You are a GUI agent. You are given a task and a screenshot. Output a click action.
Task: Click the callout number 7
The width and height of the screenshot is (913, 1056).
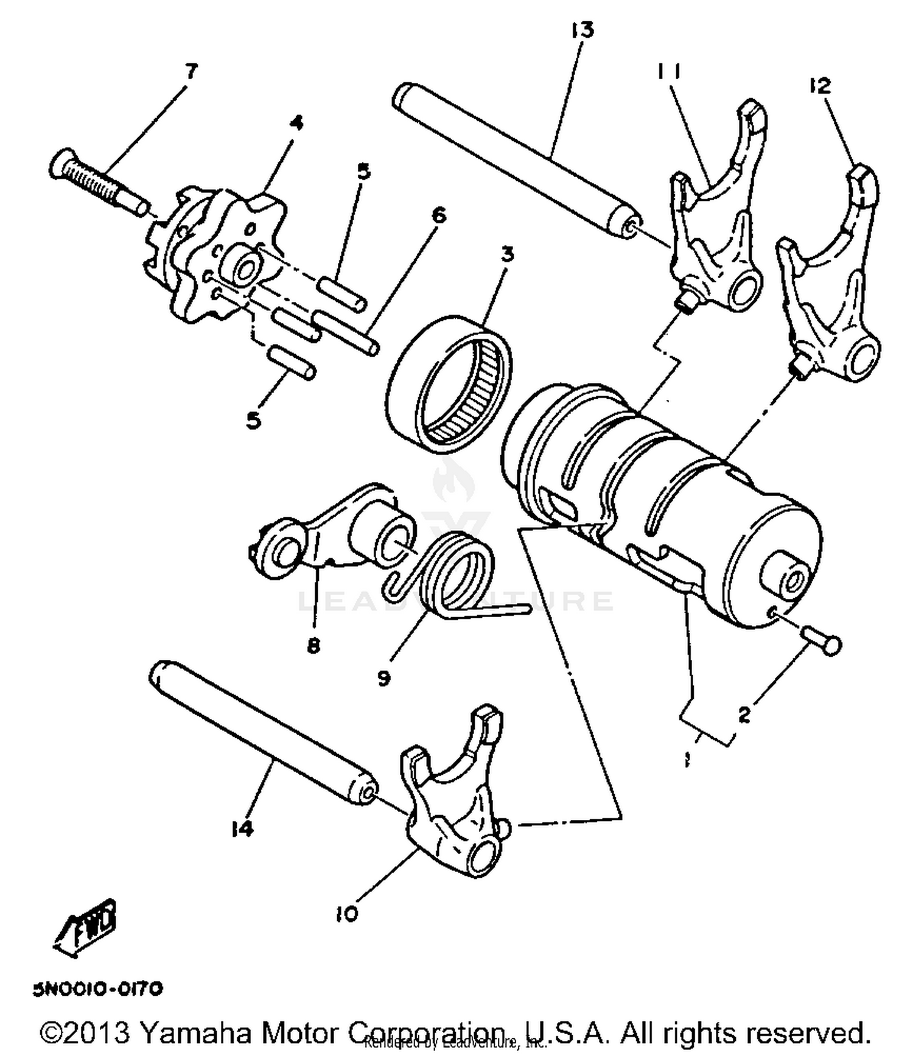tap(191, 72)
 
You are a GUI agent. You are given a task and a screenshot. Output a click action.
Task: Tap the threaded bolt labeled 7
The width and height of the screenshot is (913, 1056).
tap(97, 183)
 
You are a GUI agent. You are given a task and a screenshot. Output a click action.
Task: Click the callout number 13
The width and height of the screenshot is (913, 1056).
tap(582, 29)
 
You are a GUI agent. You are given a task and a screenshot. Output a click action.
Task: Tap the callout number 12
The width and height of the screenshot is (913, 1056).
tap(820, 86)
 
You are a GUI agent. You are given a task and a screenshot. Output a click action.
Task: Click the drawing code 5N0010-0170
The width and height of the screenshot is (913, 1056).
tap(98, 988)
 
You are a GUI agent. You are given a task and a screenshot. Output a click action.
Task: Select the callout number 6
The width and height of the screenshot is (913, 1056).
tap(438, 215)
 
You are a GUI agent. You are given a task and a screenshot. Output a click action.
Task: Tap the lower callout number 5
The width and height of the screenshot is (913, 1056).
tap(254, 420)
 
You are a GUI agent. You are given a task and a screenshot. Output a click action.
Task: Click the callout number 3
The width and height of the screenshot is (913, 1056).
tap(506, 254)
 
